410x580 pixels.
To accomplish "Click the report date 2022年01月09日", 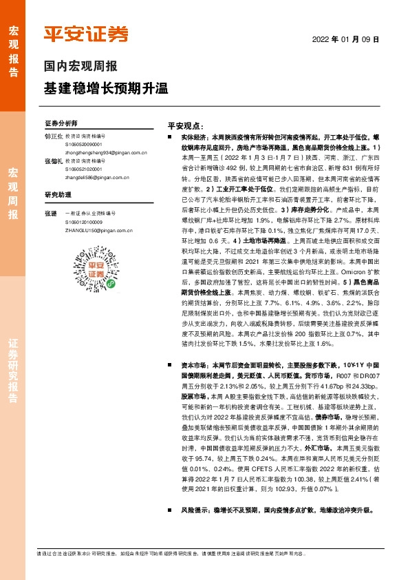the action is pyautogui.click(x=351, y=39).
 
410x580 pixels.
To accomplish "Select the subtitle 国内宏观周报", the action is pyautogui.click(x=80, y=67).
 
